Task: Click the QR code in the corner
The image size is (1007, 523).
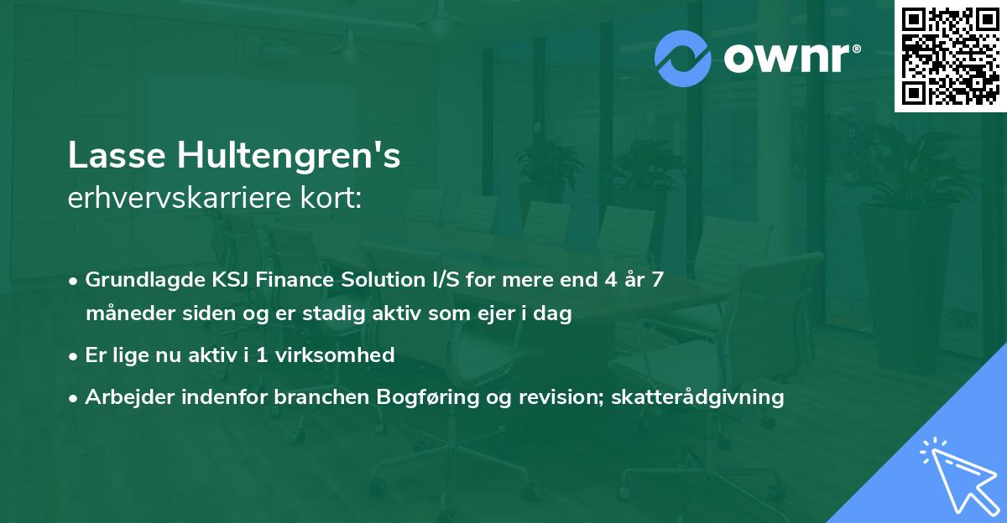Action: [951, 56]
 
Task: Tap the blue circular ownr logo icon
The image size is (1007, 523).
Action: [683, 59]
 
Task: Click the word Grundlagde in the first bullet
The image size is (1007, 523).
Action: [134, 279]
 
